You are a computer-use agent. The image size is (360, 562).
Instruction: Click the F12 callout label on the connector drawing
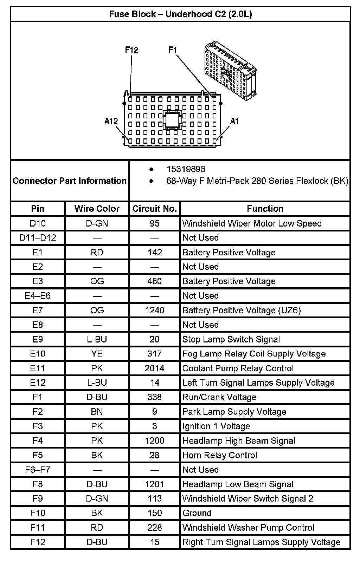click(x=132, y=50)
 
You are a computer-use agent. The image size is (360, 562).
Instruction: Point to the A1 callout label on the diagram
click(x=234, y=122)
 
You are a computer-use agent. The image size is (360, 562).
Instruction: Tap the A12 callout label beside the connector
click(x=111, y=122)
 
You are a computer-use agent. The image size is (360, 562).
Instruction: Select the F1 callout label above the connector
click(x=173, y=50)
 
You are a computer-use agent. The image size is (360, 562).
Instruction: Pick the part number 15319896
click(x=186, y=169)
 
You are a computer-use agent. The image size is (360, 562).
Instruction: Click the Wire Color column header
click(x=97, y=209)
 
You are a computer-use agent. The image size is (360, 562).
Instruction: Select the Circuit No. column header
click(x=154, y=209)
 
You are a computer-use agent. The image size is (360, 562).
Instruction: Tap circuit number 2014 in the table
click(x=154, y=368)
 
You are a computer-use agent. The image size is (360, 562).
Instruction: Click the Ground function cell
click(x=197, y=513)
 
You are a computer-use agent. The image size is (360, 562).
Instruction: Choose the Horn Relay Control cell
click(x=220, y=455)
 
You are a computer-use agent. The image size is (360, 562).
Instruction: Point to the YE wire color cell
click(x=97, y=354)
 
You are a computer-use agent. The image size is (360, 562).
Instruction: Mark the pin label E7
click(x=38, y=310)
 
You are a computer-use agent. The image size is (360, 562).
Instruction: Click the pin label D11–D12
click(x=38, y=238)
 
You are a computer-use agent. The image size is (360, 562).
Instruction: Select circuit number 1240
click(x=154, y=310)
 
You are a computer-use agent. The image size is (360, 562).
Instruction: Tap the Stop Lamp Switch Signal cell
click(x=231, y=339)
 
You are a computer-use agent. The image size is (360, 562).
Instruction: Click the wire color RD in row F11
click(x=97, y=528)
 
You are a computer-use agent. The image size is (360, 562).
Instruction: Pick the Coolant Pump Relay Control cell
click(x=238, y=368)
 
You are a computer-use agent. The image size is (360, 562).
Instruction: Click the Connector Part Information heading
click(x=70, y=181)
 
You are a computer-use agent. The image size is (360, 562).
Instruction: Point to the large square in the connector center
click(x=172, y=120)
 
